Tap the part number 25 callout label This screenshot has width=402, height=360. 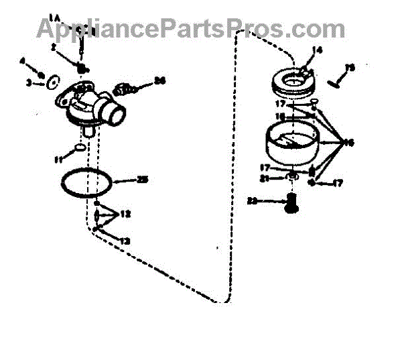point(141,180)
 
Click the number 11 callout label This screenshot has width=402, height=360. point(58,159)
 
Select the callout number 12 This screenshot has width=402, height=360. point(125,215)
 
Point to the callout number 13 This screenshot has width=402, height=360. point(125,240)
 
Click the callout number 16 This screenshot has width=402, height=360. point(348,142)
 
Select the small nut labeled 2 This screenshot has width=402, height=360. point(82,68)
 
